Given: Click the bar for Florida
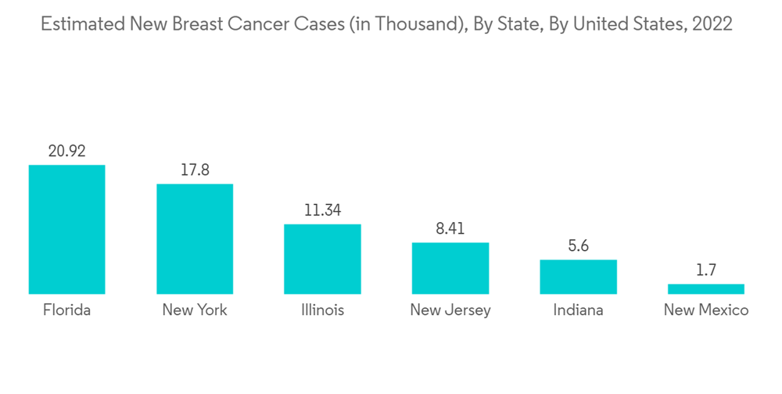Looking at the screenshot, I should coord(66,229).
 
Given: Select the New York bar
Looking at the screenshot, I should coord(195,238).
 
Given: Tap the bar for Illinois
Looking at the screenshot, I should coord(322,259).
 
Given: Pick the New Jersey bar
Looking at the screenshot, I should coord(450,268).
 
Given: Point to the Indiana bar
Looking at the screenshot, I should coord(578,277).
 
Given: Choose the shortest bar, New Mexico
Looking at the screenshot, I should coord(706,288).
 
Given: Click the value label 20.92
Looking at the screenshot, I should coord(66,152).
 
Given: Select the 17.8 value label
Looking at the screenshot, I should coord(195,170).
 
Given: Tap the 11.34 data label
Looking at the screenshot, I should coord(322,210).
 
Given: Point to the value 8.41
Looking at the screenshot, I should coord(450,229).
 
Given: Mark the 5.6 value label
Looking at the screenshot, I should coord(578,246).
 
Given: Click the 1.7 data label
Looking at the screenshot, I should coord(706,270).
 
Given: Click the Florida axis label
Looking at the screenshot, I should coord(66,310).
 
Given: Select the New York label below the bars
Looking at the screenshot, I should coord(195,310).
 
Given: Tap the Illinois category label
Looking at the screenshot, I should coord(322,310).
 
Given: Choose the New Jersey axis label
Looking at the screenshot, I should coord(450,310).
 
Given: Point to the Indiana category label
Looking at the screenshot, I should coord(578,310).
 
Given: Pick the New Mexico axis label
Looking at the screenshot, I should coord(706,310).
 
